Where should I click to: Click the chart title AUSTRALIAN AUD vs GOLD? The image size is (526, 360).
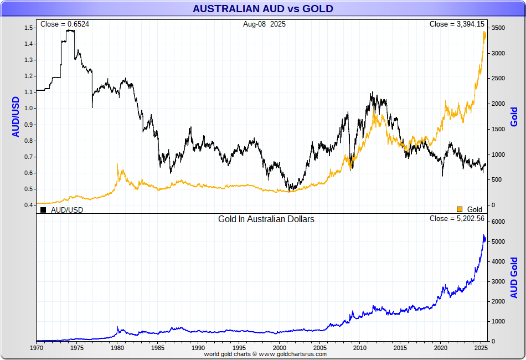pos(263,9)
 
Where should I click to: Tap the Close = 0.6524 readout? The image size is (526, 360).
pos(65,24)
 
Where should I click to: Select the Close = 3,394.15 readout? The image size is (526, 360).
pos(457,24)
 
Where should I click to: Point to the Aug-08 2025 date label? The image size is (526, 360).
pos(264,24)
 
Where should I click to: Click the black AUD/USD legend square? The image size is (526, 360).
pos(43,210)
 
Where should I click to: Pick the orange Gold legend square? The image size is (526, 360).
pos(459,209)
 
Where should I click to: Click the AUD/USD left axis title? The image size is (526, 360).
pos(16,116)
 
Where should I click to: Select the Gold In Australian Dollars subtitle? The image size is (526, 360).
pos(266,219)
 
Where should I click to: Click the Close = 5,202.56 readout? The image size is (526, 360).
pos(457,219)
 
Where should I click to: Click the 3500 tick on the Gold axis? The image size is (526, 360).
pos(498,28)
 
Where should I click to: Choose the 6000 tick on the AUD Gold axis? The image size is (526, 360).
pos(498,222)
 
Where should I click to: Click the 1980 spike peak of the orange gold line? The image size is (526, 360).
pos(117,164)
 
